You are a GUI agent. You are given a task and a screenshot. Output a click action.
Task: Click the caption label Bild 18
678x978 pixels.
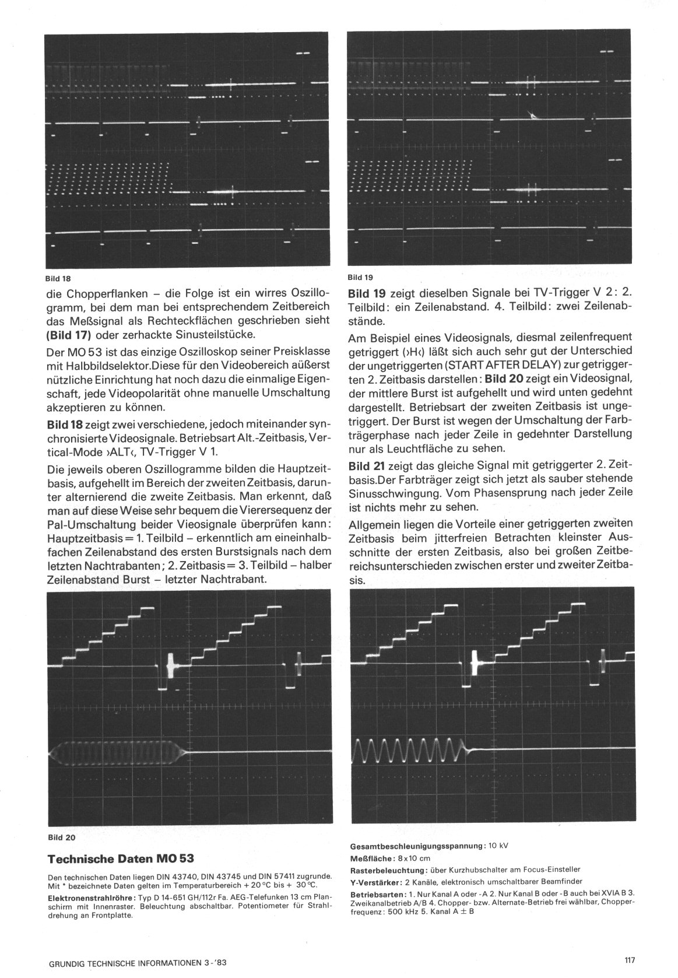click(59, 278)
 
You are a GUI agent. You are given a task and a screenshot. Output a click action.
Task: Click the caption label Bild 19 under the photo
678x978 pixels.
click(359, 277)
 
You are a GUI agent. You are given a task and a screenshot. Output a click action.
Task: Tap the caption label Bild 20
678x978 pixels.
click(61, 838)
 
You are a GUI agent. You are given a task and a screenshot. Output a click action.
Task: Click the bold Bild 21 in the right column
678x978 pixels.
click(366, 467)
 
